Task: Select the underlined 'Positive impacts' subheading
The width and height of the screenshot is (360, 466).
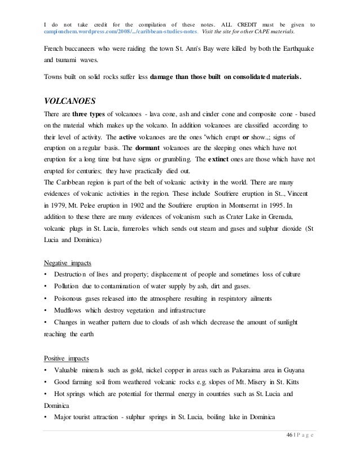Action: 67,359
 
